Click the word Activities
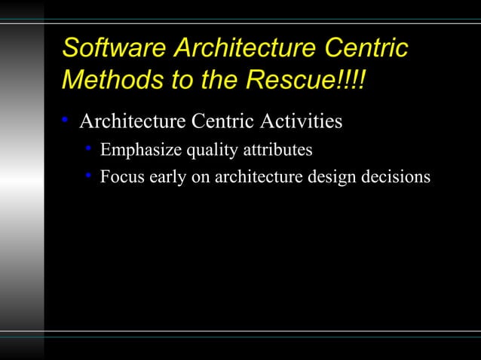tap(305, 121)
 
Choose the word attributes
tap(277, 151)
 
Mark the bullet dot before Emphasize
tap(88, 150)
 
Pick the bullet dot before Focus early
tap(88, 177)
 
